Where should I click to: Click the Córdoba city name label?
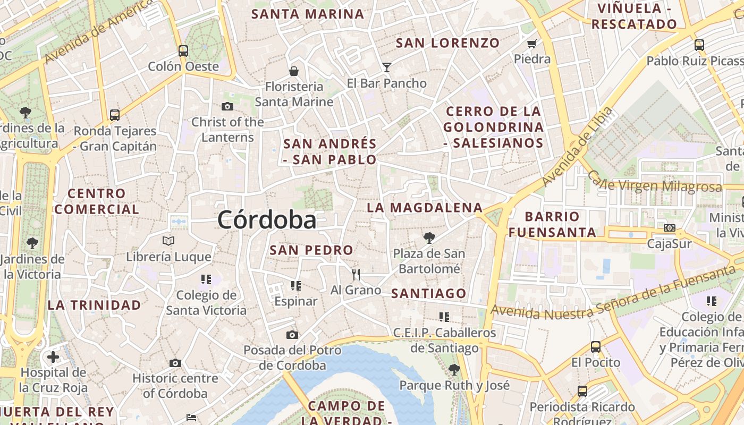click(x=266, y=220)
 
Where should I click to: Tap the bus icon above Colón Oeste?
click(x=183, y=51)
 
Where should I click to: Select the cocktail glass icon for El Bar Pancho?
click(x=387, y=67)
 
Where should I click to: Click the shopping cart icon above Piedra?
click(x=532, y=44)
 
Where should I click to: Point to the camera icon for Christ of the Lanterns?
click(x=227, y=107)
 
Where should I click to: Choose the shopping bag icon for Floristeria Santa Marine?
click(x=293, y=71)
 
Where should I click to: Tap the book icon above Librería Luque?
click(x=168, y=241)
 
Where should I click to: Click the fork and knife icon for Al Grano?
click(x=356, y=275)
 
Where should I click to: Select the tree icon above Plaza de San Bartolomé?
click(x=429, y=238)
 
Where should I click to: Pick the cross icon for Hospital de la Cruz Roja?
click(x=53, y=357)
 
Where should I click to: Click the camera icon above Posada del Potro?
click(x=292, y=335)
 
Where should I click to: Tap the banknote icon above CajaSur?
click(x=669, y=228)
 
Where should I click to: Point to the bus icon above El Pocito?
click(x=596, y=347)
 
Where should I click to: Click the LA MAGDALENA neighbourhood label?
click(x=425, y=208)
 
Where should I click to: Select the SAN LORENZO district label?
click(x=448, y=43)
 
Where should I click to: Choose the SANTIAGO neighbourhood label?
click(x=429, y=293)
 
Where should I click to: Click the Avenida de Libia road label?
click(x=576, y=147)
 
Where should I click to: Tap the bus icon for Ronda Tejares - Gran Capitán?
click(x=115, y=115)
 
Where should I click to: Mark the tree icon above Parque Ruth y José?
click(x=454, y=369)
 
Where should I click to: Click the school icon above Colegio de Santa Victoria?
click(x=206, y=279)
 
